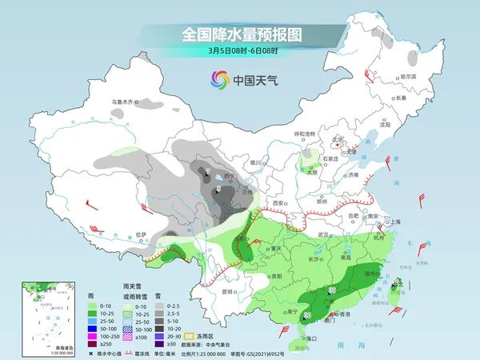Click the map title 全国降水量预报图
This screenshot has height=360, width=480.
239,34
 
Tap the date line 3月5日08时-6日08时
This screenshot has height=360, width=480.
239,53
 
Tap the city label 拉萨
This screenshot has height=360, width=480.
142,234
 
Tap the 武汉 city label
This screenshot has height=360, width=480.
323,234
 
